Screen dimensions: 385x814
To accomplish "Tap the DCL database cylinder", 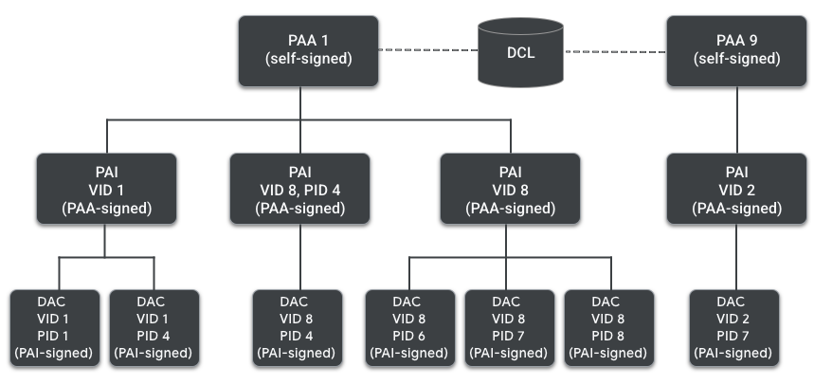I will [519, 52].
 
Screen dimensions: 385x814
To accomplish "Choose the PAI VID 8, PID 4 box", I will [300, 188].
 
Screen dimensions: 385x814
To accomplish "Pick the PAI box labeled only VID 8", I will [512, 188].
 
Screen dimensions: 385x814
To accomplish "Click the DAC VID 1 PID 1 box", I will [55, 327].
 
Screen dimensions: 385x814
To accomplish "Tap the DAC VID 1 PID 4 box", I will [154, 327].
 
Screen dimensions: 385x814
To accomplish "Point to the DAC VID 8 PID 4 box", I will [294, 327].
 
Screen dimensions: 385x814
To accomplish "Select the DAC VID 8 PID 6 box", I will [408, 327].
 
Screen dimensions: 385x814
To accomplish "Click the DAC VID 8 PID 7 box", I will [507, 327].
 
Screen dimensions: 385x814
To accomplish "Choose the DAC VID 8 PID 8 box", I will [606, 327].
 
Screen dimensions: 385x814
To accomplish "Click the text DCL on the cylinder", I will [519, 53].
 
